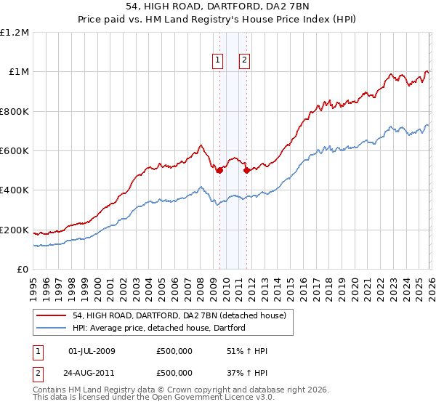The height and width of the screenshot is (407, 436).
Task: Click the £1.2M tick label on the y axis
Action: [15, 33]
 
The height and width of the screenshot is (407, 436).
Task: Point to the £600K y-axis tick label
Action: [15, 151]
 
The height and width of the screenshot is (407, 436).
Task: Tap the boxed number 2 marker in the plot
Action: [245, 60]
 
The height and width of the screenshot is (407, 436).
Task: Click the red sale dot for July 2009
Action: [219, 171]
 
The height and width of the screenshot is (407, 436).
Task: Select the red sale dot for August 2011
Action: [247, 171]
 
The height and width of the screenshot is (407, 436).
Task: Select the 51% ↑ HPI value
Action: [247, 351]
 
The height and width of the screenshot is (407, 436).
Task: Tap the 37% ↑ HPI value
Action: [247, 372]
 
